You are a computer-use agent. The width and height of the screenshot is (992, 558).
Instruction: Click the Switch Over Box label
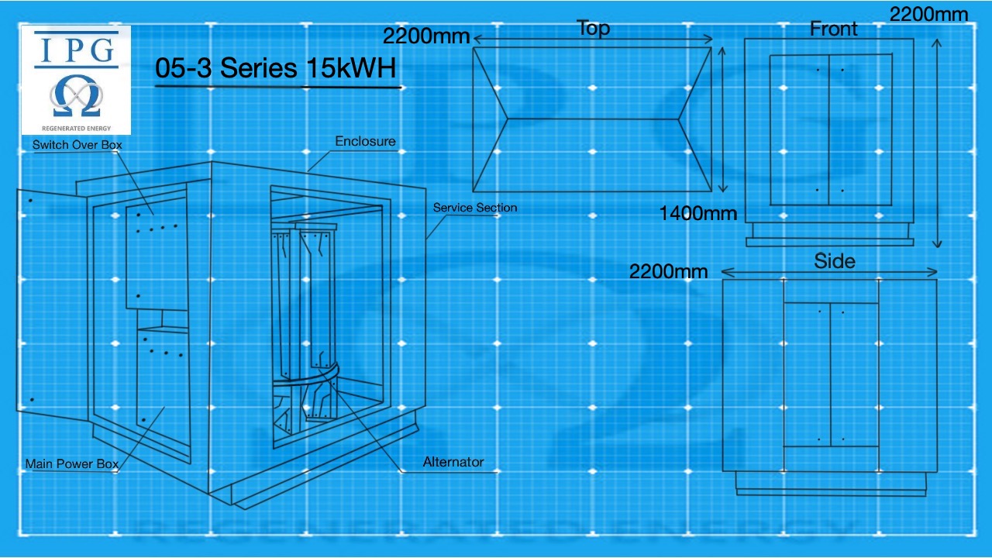click(x=77, y=145)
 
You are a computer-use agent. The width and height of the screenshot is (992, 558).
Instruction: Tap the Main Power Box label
click(x=72, y=463)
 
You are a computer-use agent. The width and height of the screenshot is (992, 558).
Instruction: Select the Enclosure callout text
click(x=365, y=141)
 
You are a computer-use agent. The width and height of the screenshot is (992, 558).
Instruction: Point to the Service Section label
click(x=475, y=208)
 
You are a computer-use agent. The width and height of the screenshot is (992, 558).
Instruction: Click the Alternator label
click(x=453, y=462)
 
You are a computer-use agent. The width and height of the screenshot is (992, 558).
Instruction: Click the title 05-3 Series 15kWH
click(x=275, y=67)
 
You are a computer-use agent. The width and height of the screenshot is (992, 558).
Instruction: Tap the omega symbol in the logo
click(x=76, y=95)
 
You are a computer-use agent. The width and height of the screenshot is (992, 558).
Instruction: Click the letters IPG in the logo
click(x=76, y=50)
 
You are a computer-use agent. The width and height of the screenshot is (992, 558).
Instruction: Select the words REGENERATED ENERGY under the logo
click(x=76, y=129)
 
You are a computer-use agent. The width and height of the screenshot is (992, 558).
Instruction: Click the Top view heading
click(x=594, y=29)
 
